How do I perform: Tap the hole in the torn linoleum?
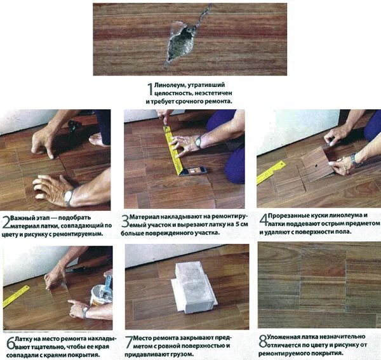coord(181,44)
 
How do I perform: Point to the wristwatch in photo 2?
coord(69,197)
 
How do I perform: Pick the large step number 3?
coord(125,220)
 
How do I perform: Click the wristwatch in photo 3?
coord(199,142)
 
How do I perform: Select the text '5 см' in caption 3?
coord(241,224)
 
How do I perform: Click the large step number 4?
coord(264,219)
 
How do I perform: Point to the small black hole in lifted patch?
coord(316,166)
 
